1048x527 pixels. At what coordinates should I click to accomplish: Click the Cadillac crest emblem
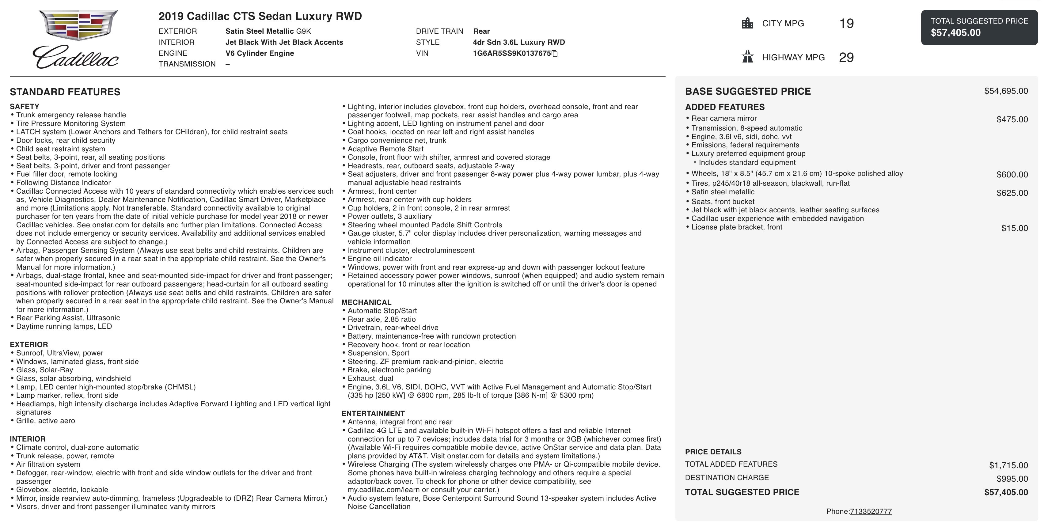click(x=78, y=25)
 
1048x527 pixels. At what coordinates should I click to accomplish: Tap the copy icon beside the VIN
click(x=555, y=54)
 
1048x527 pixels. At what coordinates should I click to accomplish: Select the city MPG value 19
click(x=846, y=24)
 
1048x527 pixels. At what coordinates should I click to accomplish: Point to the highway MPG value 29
click(x=846, y=58)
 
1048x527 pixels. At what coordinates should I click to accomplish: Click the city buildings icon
click(x=747, y=23)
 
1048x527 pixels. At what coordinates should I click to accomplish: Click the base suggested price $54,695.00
click(x=1006, y=91)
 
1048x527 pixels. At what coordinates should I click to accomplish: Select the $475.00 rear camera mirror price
click(x=1012, y=119)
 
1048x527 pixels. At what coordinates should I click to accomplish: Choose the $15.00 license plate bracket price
click(x=1014, y=229)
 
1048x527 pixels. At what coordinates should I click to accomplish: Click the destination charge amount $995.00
click(x=1012, y=479)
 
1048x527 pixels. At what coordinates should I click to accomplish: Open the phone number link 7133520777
click(x=871, y=512)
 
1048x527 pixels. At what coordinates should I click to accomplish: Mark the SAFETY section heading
click(x=25, y=107)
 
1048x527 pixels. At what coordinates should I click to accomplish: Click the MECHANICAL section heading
click(x=366, y=302)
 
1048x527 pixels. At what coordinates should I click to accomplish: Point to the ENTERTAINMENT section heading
click(x=373, y=414)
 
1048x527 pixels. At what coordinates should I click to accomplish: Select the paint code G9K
click(x=303, y=31)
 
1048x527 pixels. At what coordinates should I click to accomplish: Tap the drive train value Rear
click(x=481, y=31)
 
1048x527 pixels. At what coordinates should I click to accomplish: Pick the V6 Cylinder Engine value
click(x=260, y=53)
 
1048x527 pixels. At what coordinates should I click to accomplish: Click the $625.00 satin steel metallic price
click(x=1012, y=193)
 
